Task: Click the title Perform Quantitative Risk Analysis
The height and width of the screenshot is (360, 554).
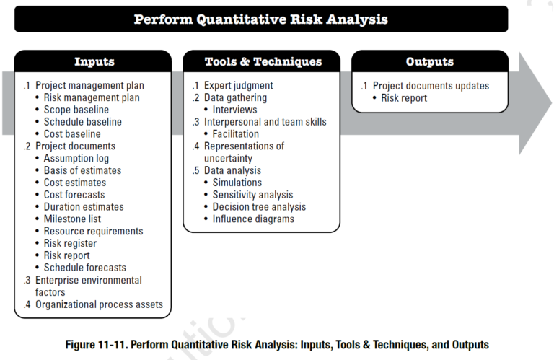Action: tap(260, 19)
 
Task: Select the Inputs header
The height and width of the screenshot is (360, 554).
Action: tap(94, 62)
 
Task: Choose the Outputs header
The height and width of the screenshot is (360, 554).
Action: tap(429, 62)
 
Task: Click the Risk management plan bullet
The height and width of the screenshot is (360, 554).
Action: tap(92, 97)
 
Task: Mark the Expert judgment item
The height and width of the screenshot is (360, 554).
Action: tap(238, 85)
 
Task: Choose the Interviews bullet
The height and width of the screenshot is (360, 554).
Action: tap(234, 110)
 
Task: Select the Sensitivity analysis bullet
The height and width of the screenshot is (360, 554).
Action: tap(252, 195)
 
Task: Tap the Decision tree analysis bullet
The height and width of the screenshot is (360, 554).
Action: tap(259, 206)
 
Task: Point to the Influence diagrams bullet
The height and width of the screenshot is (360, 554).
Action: tap(253, 219)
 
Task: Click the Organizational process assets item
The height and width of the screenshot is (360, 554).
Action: tap(99, 304)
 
